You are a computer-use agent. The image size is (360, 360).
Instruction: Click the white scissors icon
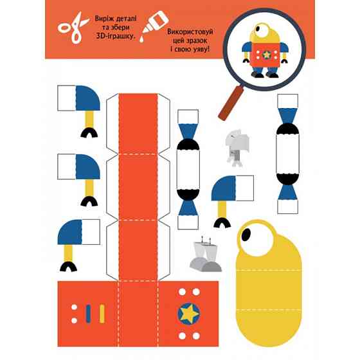pos(73,28)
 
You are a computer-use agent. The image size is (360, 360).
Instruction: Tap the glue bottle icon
pos(154,26)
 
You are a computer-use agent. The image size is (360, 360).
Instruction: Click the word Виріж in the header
pos(102,19)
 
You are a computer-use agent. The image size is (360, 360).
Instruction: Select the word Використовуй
pos(190,32)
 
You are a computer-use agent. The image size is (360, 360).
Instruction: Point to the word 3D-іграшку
pos(115,36)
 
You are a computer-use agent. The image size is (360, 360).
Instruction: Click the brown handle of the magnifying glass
pos(231,103)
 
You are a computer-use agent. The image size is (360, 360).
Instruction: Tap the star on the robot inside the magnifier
pos(267,55)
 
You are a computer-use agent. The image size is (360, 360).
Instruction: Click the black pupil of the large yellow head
pos(246,235)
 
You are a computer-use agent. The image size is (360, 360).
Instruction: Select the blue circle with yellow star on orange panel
pos(189,314)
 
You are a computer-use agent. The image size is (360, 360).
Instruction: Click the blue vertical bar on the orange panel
pos(88,314)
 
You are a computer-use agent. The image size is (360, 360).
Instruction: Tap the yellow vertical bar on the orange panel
pos(102,314)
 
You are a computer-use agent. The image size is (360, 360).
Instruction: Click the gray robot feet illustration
pos(206,255)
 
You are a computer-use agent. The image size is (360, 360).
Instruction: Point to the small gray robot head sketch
pos(237,147)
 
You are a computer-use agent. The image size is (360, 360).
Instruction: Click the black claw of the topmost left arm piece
pos(89,133)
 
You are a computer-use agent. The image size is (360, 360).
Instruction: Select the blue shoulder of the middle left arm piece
pos(88,166)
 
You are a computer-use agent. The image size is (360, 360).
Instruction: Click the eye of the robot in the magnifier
pos(260,30)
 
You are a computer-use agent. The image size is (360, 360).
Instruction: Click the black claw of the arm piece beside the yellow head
pos(222,223)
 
